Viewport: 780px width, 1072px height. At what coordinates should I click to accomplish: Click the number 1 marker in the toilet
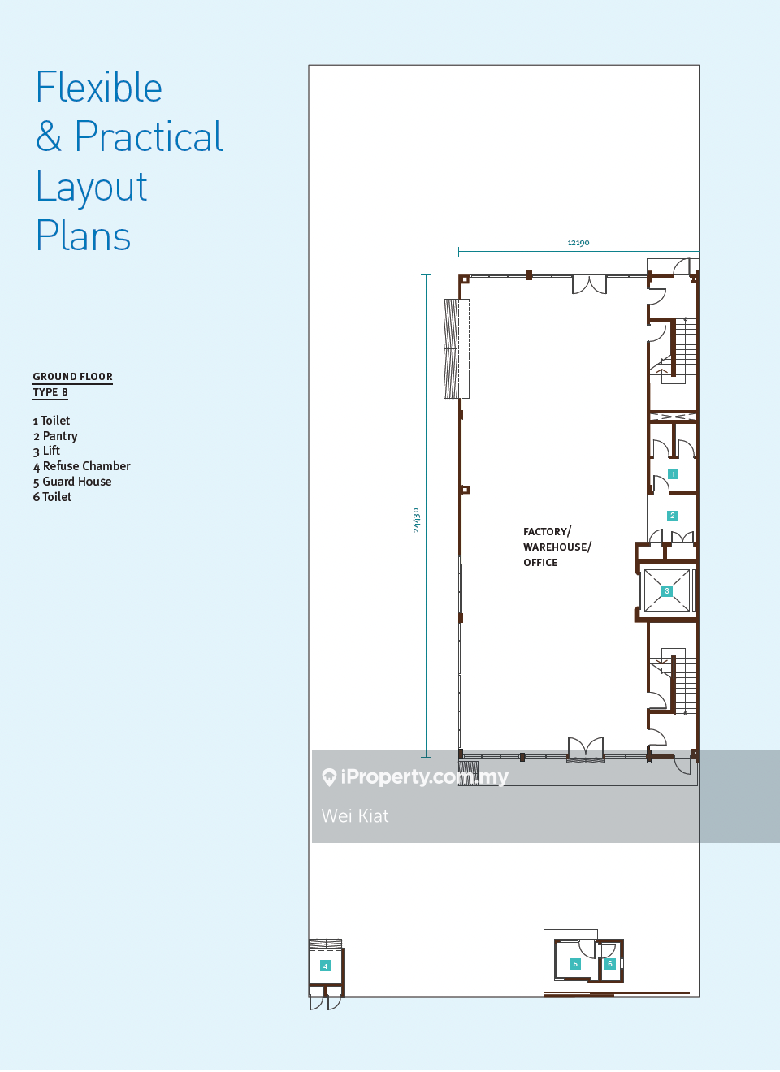[x=673, y=473]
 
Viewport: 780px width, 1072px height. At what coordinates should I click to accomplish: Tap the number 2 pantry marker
[x=672, y=516]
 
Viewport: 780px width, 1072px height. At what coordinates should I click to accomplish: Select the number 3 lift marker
[x=666, y=591]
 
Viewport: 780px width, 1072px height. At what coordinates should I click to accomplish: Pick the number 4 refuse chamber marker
[x=325, y=966]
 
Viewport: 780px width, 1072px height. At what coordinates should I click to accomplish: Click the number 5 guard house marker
[x=575, y=964]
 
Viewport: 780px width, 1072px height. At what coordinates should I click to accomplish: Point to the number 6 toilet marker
[x=609, y=963]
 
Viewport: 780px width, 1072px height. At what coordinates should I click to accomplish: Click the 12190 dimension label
[x=578, y=243]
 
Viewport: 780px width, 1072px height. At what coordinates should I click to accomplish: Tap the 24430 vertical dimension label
[x=416, y=521]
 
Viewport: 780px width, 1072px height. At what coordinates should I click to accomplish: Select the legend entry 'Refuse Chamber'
[x=87, y=466]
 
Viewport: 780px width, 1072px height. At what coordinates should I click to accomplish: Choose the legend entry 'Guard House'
[x=77, y=482]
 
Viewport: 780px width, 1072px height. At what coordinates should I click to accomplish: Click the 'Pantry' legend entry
[x=60, y=436]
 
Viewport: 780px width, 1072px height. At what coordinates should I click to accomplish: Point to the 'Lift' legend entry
[x=51, y=451]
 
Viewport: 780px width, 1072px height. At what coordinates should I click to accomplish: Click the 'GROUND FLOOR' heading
[x=73, y=377]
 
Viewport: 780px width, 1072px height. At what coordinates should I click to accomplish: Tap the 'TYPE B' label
[x=50, y=392]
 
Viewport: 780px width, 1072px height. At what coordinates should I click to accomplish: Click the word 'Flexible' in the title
[x=99, y=87]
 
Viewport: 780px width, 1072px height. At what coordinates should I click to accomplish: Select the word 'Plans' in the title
[x=84, y=235]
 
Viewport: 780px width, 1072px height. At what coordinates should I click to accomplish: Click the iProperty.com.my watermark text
[x=424, y=776]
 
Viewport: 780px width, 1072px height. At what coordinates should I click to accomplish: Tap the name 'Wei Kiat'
[x=355, y=816]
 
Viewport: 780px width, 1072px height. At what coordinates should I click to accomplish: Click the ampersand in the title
[x=49, y=136]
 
